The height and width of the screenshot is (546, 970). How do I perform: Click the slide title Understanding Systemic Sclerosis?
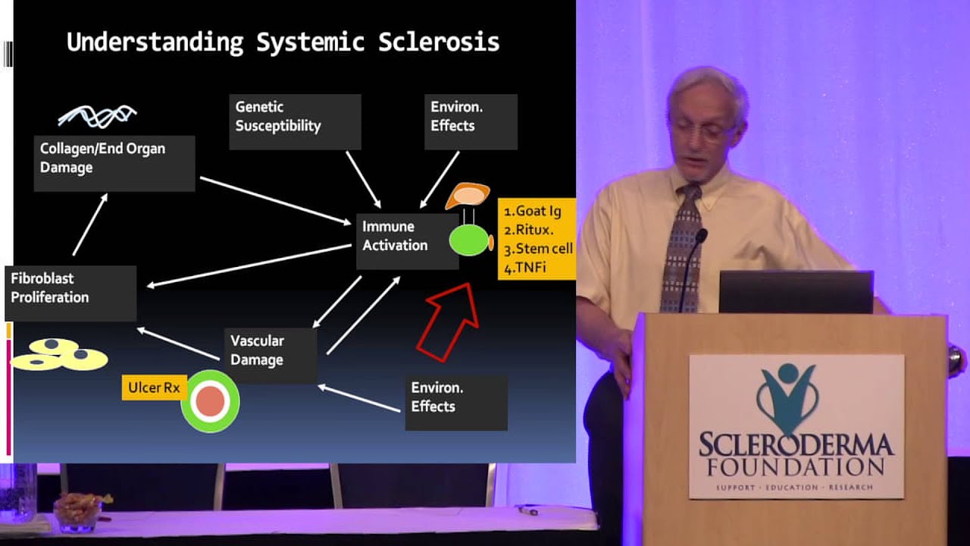pyautogui.click(x=283, y=42)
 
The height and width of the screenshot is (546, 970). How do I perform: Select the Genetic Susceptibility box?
pyautogui.click(x=294, y=121)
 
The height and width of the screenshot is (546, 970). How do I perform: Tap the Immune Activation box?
pyautogui.click(x=406, y=240)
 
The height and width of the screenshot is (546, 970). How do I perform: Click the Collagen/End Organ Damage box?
pyautogui.click(x=114, y=162)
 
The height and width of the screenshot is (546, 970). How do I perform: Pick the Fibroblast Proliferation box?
pyautogui.click(x=70, y=292)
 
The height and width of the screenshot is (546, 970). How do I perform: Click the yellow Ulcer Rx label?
pyautogui.click(x=154, y=388)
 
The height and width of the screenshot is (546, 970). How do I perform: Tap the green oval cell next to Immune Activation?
pyautogui.click(x=470, y=240)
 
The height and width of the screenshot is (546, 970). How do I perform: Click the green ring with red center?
pyautogui.click(x=210, y=402)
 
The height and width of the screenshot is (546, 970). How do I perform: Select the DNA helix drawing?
pyautogui.click(x=97, y=116)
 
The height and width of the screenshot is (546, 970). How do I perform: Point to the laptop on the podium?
pyautogui.click(x=795, y=292)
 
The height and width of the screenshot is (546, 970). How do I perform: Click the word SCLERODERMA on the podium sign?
pyautogui.click(x=796, y=444)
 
